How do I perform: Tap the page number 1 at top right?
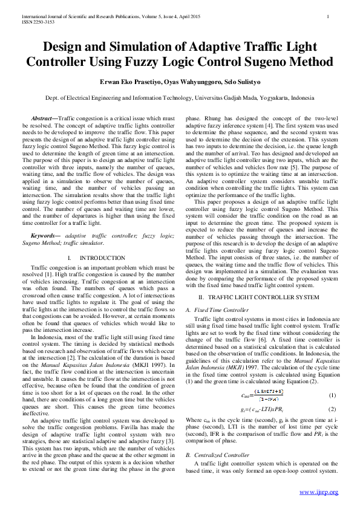327,16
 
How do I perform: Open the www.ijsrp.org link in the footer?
319,491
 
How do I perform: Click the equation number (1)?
332,395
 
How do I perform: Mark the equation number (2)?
332,409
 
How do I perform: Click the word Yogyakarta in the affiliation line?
275,98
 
